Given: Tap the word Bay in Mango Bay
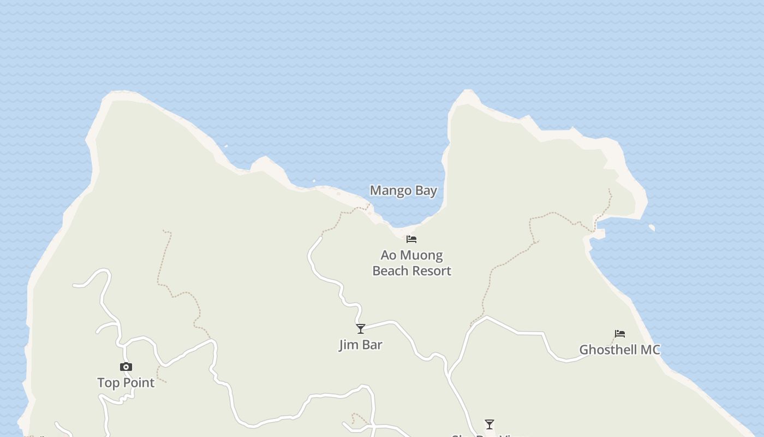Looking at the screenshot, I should (x=426, y=191).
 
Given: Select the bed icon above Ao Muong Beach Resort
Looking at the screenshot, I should (x=411, y=239).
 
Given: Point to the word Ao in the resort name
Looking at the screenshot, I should (x=388, y=255).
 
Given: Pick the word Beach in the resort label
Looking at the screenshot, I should (x=390, y=271).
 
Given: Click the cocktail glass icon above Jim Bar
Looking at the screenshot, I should (x=360, y=328).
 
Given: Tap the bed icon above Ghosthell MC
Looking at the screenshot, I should (x=619, y=333).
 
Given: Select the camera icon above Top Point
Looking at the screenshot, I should (x=126, y=367).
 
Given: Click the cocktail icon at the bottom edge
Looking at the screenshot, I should (x=489, y=424).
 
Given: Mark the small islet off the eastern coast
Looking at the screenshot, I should (x=652, y=227).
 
